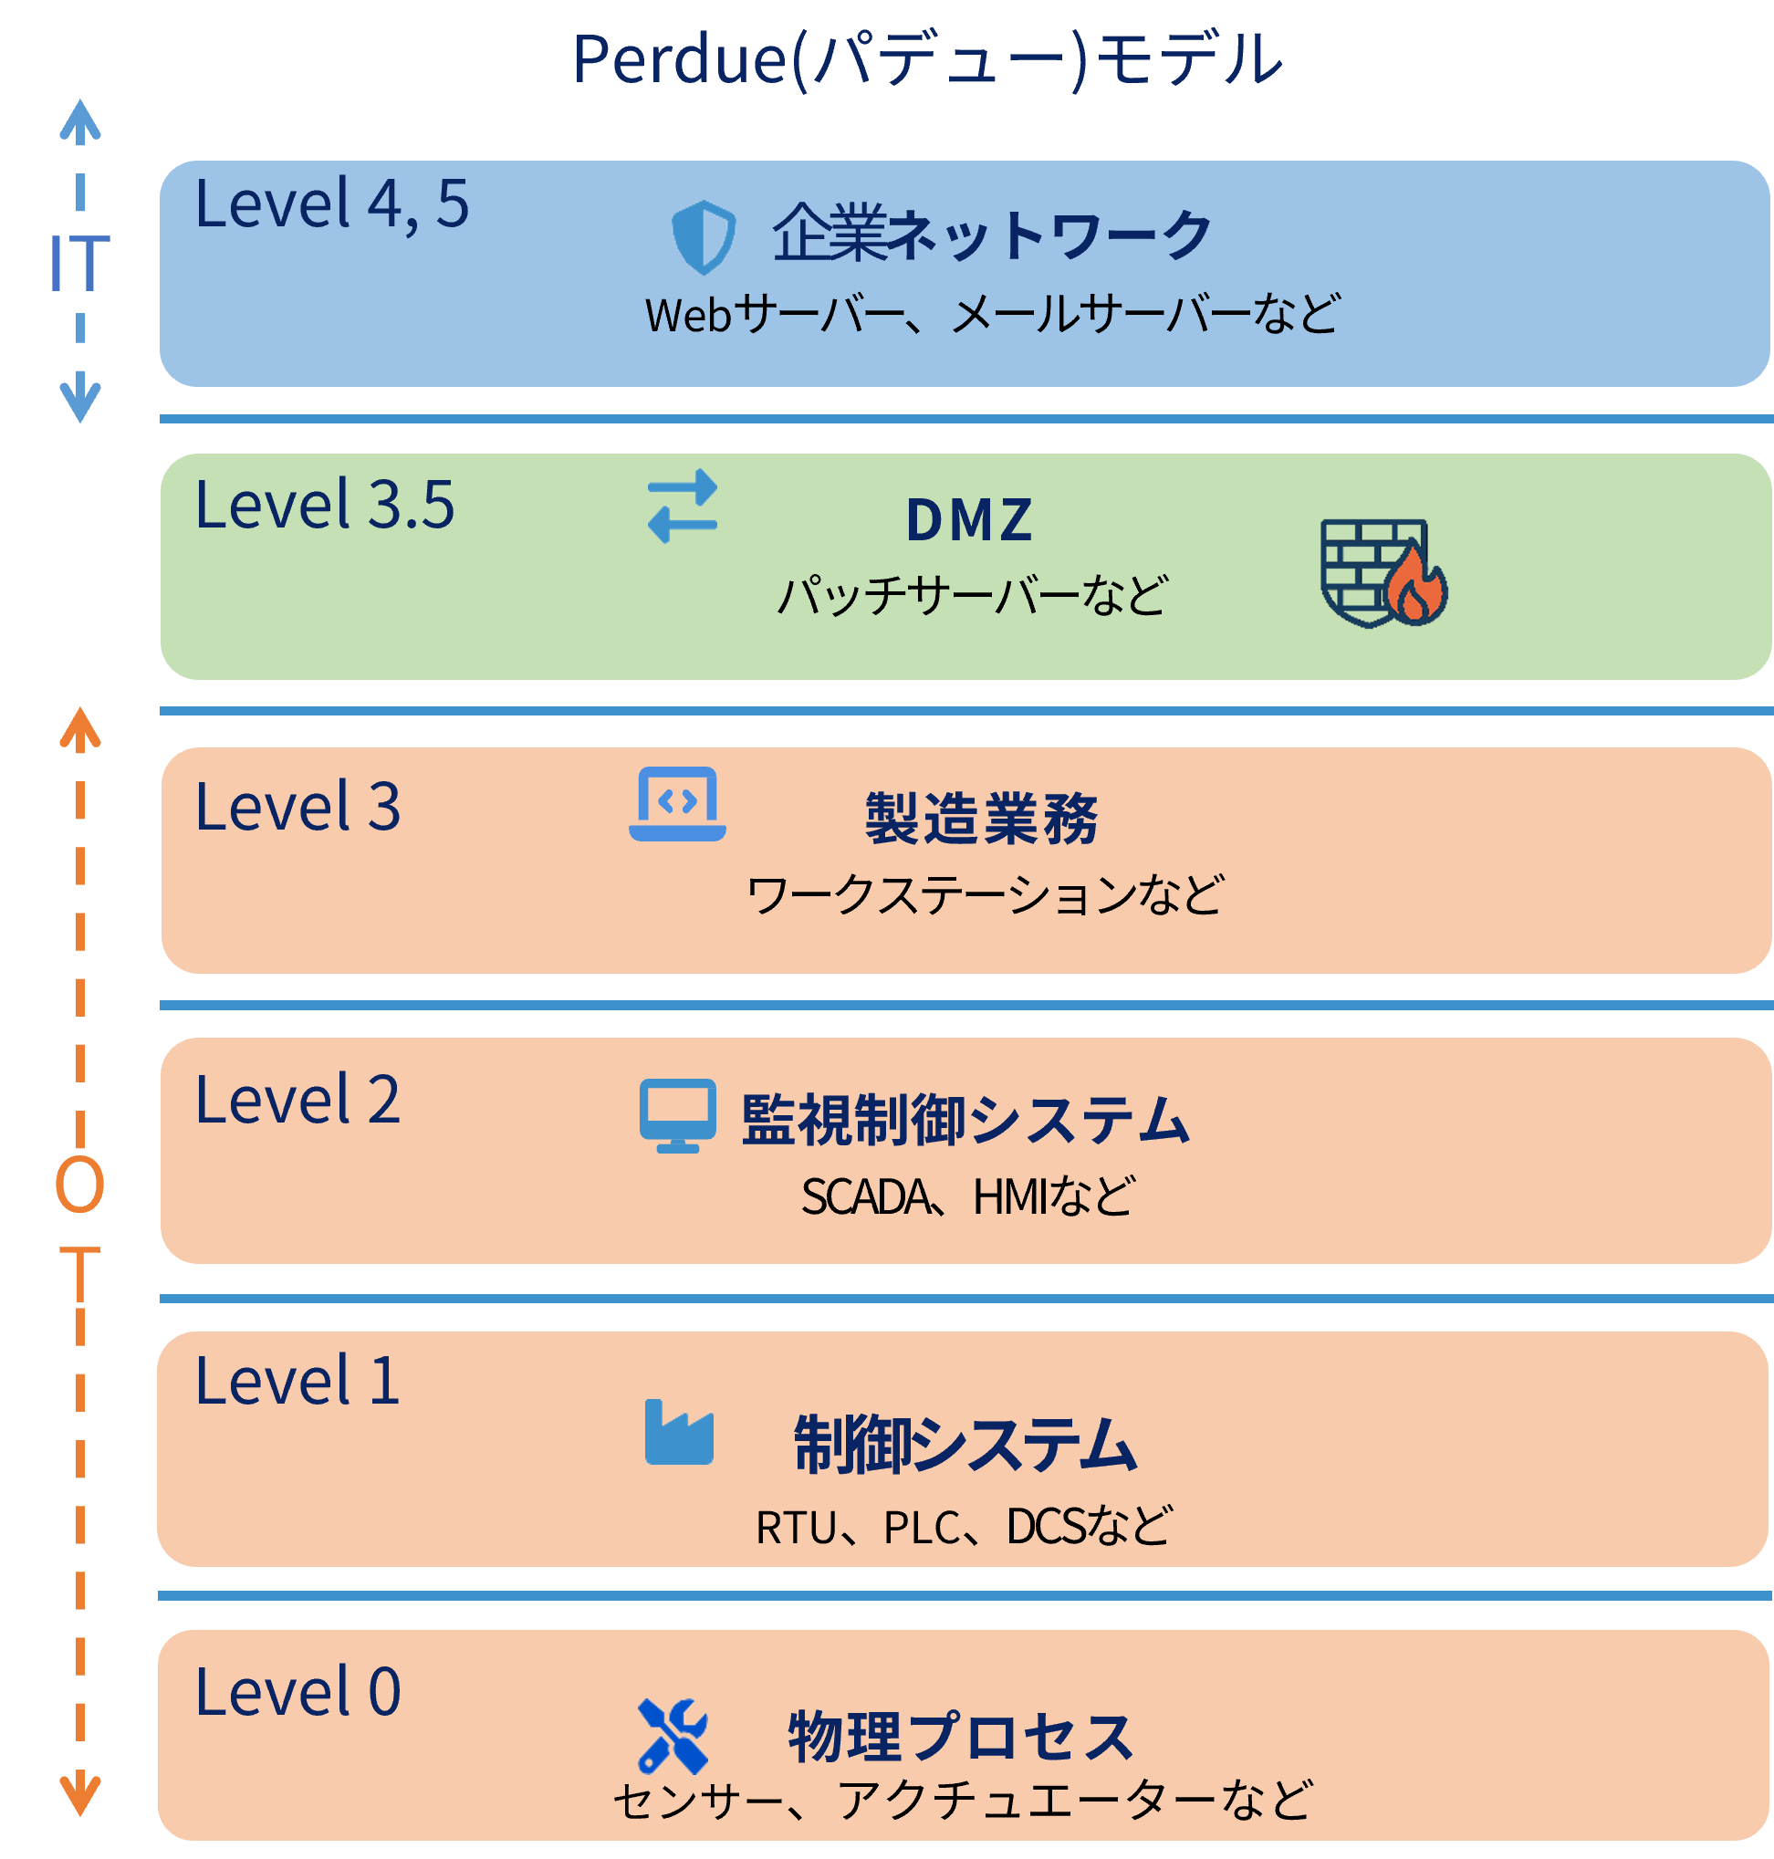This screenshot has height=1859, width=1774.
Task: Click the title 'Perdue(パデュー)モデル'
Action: click(927, 59)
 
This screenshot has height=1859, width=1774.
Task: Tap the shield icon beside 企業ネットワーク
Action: click(703, 236)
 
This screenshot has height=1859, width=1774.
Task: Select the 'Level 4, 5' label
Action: click(332, 204)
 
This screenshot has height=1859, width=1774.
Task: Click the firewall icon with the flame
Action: click(1383, 573)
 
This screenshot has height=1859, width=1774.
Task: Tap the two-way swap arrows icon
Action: click(682, 506)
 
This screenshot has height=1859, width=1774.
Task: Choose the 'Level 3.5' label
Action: click(324, 505)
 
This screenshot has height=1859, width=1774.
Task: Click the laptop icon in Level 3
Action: click(677, 804)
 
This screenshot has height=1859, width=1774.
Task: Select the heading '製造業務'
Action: click(981, 818)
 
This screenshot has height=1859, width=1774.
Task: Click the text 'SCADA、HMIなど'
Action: click(967, 1197)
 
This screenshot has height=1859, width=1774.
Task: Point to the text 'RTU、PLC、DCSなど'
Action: click(964, 1526)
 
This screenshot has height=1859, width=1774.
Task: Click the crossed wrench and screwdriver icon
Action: click(673, 1736)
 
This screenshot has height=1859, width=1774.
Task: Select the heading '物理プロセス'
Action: click(961, 1737)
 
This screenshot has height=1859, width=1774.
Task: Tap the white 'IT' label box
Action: click(78, 264)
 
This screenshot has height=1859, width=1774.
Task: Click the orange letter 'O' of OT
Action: click(79, 1184)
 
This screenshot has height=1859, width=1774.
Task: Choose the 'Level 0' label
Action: click(297, 1692)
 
